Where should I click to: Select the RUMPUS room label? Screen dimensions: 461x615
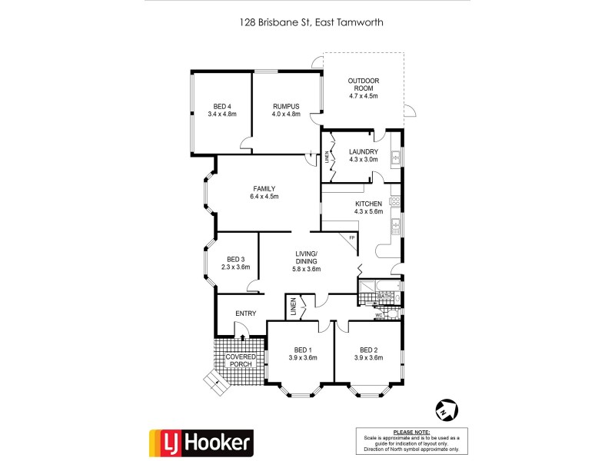pos(285,106)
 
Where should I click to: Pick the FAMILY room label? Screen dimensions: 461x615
pos(264,188)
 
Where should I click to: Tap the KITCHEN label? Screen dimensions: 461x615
pos(368,204)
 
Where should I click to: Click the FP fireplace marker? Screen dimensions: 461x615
pos(351,237)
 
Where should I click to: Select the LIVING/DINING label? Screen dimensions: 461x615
pos(307,257)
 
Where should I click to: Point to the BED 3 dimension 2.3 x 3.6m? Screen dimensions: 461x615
pos(236,267)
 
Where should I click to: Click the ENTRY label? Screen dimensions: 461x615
pos(246,313)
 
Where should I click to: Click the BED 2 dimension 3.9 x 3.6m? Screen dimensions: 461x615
pos(367,357)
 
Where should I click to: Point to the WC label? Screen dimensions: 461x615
pos(378,315)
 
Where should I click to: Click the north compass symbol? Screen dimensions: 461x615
pos(445,409)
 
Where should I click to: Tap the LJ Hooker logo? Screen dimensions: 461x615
pos(200,442)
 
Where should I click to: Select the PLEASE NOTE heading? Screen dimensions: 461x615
pos(411,433)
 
